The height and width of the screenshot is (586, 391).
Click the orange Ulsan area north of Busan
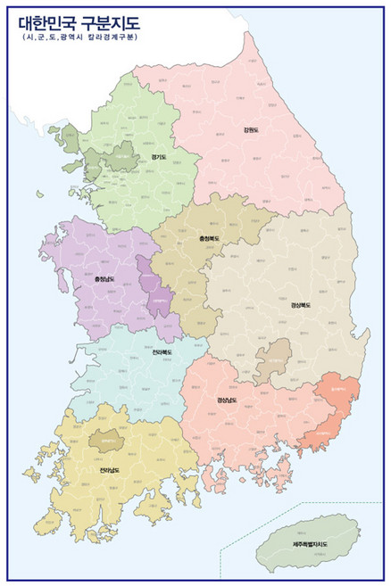pos(340,393)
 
